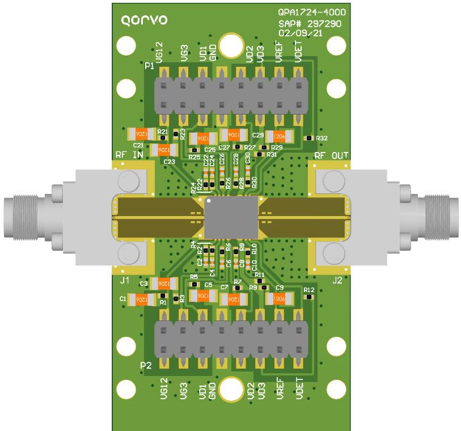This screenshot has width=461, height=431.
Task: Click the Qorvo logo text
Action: tap(145, 20)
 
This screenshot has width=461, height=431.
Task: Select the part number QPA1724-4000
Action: tap(311, 12)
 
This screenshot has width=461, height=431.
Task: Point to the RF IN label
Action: tap(129, 155)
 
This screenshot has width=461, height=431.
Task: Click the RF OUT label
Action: tap(331, 155)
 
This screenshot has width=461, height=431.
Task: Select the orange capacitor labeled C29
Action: tap(279, 136)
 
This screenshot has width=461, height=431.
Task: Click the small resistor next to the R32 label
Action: tap(308, 138)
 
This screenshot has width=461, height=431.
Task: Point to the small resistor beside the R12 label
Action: tap(308, 297)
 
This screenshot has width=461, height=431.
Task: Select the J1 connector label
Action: tap(125, 280)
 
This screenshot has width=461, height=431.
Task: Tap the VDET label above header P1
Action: tap(299, 55)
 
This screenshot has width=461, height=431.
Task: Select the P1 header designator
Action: tap(149, 66)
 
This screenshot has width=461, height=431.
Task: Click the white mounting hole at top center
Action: tap(230, 45)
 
